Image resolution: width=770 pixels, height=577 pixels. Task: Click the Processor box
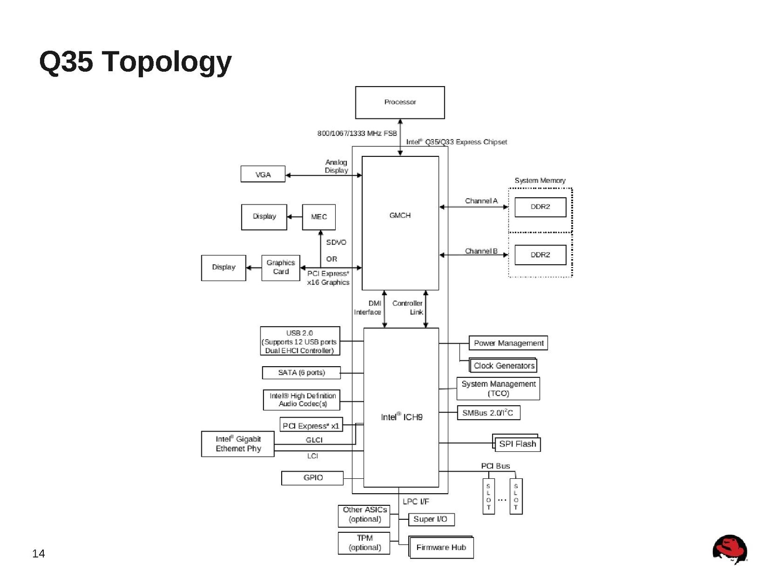click(x=400, y=103)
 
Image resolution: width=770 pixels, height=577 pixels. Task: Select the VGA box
click(x=263, y=174)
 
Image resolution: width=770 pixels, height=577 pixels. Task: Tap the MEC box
click(x=319, y=217)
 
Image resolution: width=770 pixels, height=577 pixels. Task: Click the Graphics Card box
click(x=281, y=268)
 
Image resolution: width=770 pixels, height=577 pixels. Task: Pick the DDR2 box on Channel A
click(x=540, y=207)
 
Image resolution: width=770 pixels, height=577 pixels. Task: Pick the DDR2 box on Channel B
click(x=540, y=255)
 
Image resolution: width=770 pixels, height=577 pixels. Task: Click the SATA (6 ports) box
click(x=301, y=372)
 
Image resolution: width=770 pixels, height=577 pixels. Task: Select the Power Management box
click(x=509, y=343)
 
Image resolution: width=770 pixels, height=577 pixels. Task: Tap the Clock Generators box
click(x=504, y=366)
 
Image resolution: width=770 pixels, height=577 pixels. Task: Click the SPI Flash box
click(x=518, y=444)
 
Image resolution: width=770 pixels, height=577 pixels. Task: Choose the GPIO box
click(x=313, y=478)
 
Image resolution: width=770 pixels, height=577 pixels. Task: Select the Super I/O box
click(x=431, y=519)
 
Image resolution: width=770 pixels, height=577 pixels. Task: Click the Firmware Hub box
click(x=441, y=547)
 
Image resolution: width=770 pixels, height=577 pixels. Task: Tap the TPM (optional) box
click(x=365, y=543)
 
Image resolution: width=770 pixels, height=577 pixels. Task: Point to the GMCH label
click(x=400, y=216)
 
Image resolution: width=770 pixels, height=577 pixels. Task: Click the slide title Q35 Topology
click(x=135, y=62)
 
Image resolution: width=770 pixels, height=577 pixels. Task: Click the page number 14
click(x=39, y=553)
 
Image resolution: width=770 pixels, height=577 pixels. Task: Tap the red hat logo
click(x=730, y=549)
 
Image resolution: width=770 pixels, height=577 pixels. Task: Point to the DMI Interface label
click(x=368, y=308)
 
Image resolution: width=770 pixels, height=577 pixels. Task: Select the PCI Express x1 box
click(x=311, y=425)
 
